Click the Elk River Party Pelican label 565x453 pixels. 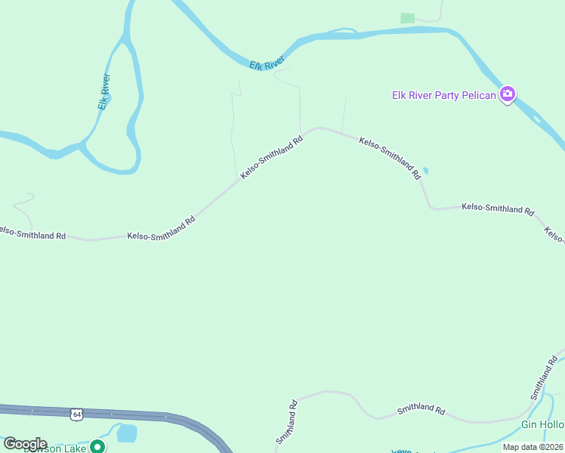coord(443,95)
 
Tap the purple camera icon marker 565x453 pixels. coord(508,94)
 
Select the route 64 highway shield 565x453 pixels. coord(76,414)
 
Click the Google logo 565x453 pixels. coord(25,444)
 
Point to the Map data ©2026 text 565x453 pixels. coord(533,447)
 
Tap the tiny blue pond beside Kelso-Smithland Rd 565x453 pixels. coord(425,171)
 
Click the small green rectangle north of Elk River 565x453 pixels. coord(408,17)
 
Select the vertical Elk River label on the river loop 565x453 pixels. coord(104,91)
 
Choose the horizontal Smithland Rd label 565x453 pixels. coord(421,408)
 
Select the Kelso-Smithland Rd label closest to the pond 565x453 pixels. coord(390,158)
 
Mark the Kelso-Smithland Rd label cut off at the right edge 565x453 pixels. coord(554,235)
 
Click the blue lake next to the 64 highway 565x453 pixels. coord(127,433)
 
